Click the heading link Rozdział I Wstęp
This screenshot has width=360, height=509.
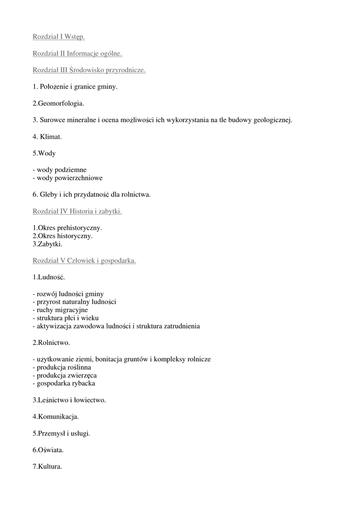tap(59, 37)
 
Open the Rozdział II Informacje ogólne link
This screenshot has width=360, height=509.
tap(77, 53)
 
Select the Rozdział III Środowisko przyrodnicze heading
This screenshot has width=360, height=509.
tap(89, 70)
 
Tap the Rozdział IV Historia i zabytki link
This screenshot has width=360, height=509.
tap(77, 211)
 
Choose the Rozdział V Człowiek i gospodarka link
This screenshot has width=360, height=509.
tap(84, 260)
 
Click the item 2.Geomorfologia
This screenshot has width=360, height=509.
tap(58, 103)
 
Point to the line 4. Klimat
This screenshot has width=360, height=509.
tap(47, 136)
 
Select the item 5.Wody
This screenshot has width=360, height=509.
tap(44, 153)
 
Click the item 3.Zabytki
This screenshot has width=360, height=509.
tap(48, 244)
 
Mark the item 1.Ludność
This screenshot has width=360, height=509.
tap(49, 276)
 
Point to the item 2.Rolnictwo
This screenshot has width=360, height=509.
tap(52, 342)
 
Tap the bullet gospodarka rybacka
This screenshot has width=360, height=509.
tap(64, 383)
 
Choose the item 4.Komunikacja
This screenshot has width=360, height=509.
tap(56, 416)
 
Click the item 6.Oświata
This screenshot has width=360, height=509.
tap(48, 450)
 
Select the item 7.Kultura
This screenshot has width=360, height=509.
tap(47, 467)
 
